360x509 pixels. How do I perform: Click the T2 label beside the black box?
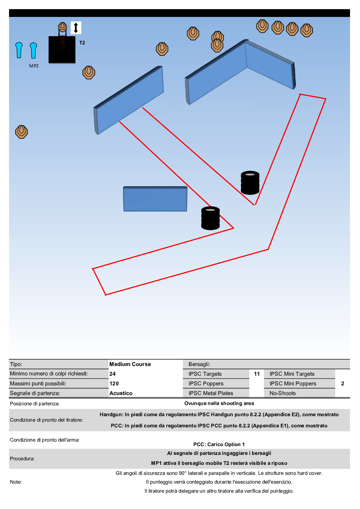82,43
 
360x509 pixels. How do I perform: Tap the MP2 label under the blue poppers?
34,66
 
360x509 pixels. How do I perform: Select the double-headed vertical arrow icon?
76,28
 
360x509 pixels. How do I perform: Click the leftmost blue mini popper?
19,50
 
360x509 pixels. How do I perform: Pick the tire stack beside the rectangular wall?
210,218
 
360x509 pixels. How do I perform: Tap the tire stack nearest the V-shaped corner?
250,183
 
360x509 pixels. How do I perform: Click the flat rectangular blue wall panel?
155,199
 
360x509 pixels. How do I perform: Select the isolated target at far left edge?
21,132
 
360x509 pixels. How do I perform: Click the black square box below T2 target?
62,50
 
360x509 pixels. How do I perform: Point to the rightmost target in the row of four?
306,30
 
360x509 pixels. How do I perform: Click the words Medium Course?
130,364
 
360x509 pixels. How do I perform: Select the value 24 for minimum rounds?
112,374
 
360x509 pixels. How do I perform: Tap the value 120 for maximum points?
114,384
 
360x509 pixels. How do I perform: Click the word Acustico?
121,393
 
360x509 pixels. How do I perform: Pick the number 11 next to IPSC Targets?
257,374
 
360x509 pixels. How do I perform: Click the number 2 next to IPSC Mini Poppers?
342,384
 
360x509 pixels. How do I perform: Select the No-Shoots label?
283,393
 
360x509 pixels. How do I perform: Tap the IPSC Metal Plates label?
211,393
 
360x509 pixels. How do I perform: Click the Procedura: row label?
22,459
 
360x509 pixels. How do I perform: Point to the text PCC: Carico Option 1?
219,444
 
